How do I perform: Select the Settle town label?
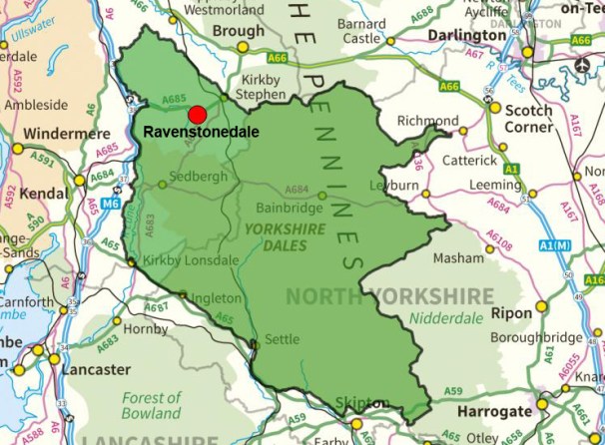281,339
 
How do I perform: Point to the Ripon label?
513,312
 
